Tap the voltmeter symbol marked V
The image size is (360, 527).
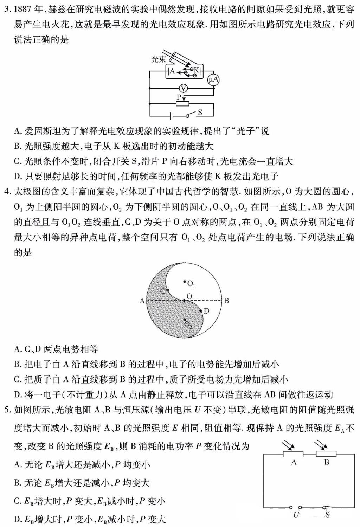pos(183,88)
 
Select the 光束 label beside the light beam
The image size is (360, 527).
pos(159,59)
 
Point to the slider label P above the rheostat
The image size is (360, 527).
pos(179,97)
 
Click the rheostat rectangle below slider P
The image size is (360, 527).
pos(182,104)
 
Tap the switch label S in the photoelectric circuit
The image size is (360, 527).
pos(200,112)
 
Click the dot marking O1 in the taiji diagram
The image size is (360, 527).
pos(184,281)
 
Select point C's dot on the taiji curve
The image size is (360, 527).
pos(168,290)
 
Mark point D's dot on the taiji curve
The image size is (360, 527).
pos(201,311)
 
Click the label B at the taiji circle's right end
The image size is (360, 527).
pos(226,301)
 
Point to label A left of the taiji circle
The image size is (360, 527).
pos(142,301)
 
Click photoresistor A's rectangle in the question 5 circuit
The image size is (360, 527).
pos(293,454)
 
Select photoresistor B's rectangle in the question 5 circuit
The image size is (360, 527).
pos(326,454)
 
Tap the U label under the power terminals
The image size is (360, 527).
pos(296,515)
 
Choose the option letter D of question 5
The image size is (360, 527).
pos(17,519)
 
